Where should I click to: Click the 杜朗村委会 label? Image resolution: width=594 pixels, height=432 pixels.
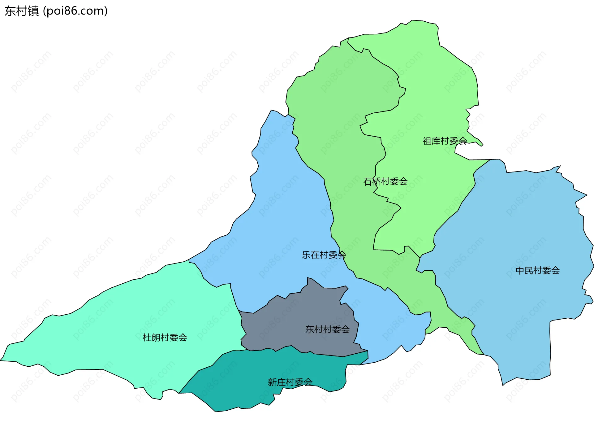click(x=165, y=337)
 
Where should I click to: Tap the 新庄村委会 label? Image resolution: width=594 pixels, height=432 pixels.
click(x=290, y=382)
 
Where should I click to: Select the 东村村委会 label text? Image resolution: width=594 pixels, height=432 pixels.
click(x=327, y=329)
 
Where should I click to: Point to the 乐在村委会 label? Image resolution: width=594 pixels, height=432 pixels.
click(x=324, y=255)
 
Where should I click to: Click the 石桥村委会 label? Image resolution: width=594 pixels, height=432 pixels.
click(x=385, y=181)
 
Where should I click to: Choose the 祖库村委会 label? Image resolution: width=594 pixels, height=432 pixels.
click(x=445, y=141)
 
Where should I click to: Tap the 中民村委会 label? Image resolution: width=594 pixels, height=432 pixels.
click(x=537, y=270)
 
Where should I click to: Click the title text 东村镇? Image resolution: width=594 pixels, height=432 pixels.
click(x=22, y=11)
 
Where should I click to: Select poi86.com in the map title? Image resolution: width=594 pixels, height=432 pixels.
click(x=75, y=11)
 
